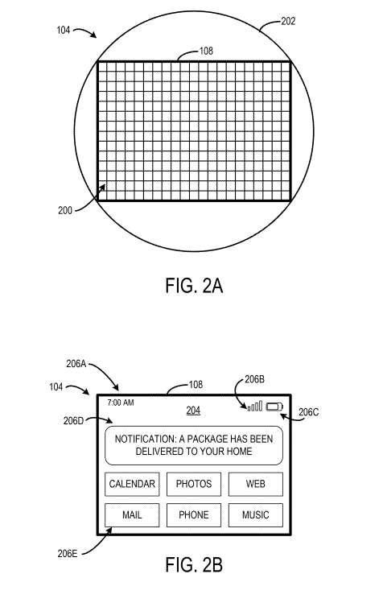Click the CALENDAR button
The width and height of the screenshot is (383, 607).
(132, 484)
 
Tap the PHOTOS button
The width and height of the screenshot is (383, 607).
(194, 484)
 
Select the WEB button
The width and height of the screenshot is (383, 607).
(255, 484)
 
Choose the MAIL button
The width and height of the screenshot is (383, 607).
(132, 515)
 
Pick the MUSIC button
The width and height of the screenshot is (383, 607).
(255, 515)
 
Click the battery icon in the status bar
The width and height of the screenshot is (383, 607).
(274, 407)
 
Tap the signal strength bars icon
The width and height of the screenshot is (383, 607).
(255, 406)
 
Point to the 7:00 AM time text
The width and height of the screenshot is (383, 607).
(121, 403)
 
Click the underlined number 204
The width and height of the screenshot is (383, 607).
(193, 411)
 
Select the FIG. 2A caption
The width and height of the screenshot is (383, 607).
(194, 286)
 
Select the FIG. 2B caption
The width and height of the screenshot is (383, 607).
(194, 564)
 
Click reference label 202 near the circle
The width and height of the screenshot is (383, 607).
(288, 21)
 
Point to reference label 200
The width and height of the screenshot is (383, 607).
(65, 211)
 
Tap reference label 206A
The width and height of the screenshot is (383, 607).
(76, 364)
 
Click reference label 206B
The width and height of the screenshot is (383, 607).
(254, 379)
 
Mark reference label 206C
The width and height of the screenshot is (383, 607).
(309, 413)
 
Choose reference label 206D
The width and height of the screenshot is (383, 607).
(73, 421)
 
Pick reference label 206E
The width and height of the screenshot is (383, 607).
(68, 554)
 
